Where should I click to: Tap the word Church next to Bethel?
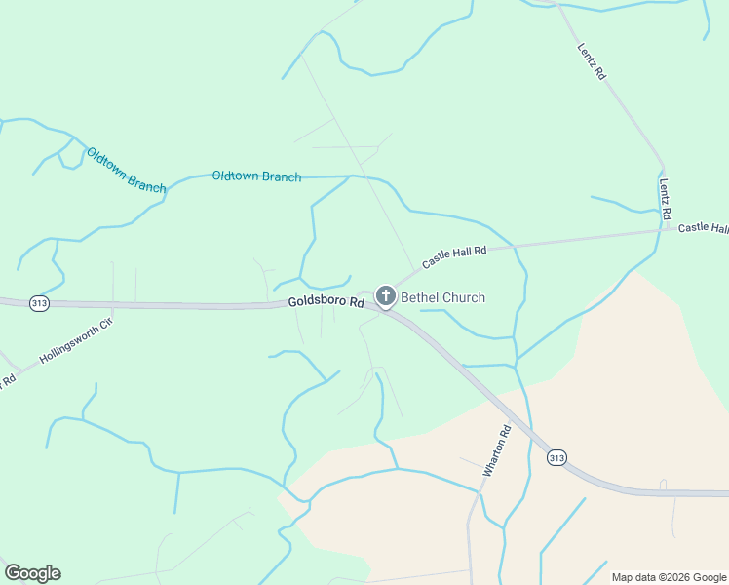(x=463, y=297)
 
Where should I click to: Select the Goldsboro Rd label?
(x=326, y=303)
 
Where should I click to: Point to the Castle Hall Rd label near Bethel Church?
(x=454, y=257)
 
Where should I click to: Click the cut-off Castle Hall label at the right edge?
(x=703, y=227)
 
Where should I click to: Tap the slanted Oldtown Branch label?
(x=126, y=170)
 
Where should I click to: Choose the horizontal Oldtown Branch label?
(x=256, y=176)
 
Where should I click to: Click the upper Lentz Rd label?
(x=592, y=59)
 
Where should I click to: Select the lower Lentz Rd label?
(x=666, y=198)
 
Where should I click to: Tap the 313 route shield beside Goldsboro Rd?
(x=39, y=303)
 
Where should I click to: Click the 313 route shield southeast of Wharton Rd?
(x=556, y=457)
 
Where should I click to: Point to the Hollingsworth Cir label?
(x=77, y=340)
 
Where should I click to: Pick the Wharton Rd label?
(x=496, y=449)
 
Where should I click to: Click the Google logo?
(x=32, y=573)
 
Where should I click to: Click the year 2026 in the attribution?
(x=678, y=577)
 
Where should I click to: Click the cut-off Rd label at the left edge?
(x=8, y=378)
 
